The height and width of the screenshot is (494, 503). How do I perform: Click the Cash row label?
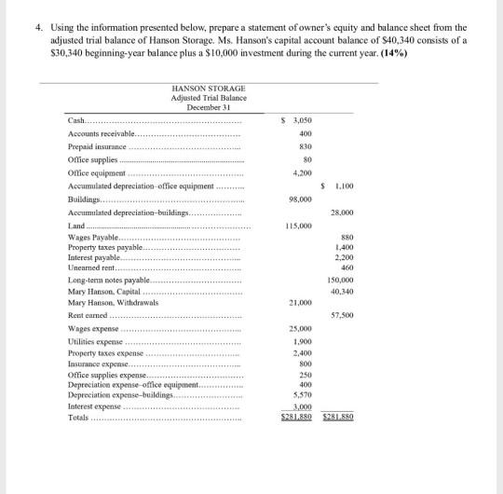78,120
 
